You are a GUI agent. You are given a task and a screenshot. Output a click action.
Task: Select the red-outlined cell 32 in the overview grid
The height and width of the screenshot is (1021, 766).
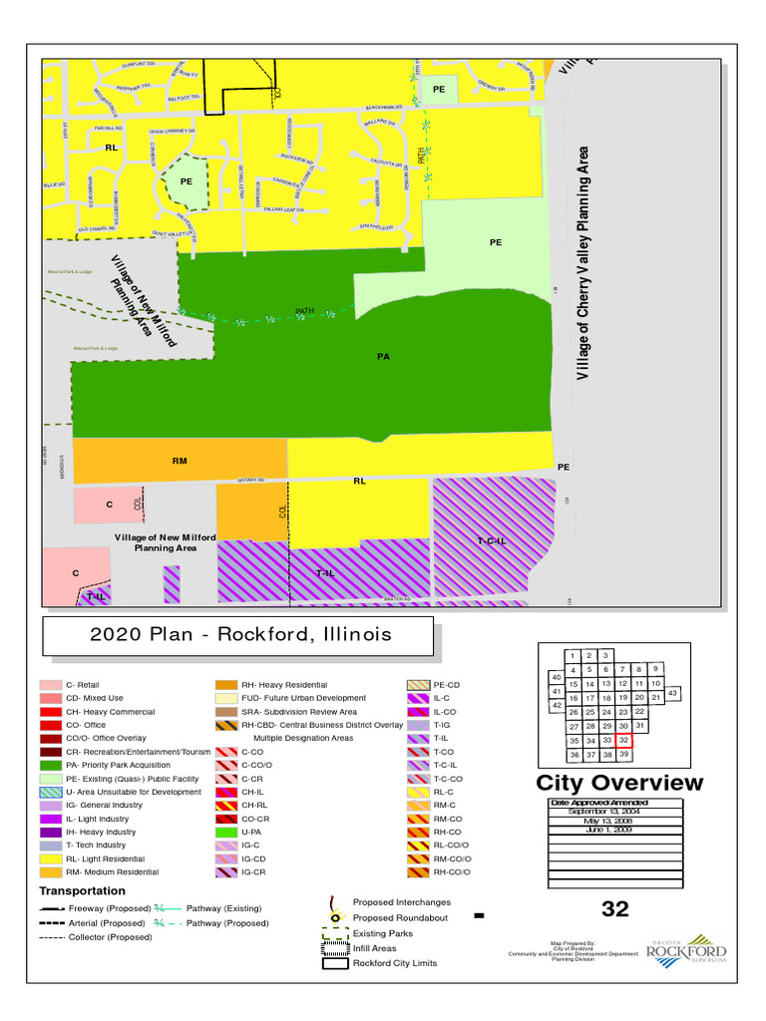pos(623,741)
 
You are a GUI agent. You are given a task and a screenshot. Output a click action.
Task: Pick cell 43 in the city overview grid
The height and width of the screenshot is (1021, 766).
pos(672,692)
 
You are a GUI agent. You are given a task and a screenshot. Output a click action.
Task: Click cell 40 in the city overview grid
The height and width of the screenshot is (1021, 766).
pos(556,678)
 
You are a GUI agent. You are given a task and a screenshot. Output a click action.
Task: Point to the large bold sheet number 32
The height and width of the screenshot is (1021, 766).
pos(615,908)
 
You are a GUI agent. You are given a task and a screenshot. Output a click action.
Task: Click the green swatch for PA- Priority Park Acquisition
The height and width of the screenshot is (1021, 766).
pos(51,765)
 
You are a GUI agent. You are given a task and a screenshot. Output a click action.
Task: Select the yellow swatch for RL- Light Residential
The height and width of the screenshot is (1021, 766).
pos(51,858)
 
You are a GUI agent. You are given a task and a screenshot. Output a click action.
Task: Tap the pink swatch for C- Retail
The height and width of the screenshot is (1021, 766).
pos(51,685)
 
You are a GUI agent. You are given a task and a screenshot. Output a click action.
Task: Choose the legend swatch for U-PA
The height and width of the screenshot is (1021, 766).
pos(225,832)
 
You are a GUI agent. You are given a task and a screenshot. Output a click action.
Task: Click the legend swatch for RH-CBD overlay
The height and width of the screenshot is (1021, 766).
pos(225,725)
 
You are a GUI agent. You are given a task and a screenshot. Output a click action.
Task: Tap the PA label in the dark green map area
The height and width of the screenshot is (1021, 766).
pos(383,357)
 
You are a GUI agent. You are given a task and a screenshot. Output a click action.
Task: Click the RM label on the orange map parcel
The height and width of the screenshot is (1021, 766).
pos(180,461)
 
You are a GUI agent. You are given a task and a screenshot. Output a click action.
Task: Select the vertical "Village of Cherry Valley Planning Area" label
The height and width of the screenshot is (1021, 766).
pos(584,263)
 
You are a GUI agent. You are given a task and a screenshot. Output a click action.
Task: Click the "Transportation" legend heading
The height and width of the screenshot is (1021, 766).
pos(83,890)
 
